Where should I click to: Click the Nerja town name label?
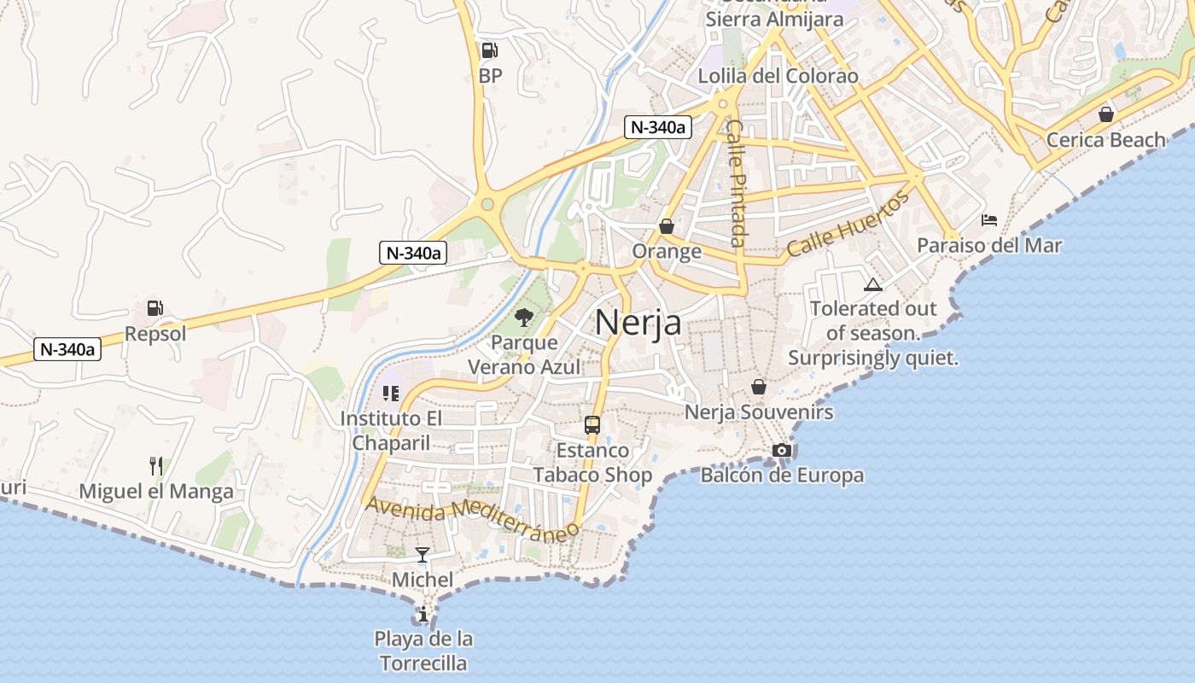pos(638,323)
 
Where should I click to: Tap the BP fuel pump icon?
pos(489,50)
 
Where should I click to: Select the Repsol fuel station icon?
pos(154,308)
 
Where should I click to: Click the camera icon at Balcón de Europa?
pos(781,450)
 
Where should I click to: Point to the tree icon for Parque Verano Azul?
pos(524,318)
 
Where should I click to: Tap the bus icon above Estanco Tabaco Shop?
pos(592,424)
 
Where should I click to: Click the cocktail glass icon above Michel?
pos(422,555)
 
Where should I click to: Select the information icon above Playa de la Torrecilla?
pos(422,614)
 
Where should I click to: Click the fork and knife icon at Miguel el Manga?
pos(155,465)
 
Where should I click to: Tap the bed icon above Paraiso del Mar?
pos(989,220)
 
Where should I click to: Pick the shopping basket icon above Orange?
pos(666,226)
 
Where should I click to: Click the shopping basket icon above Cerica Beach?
pos(1105,114)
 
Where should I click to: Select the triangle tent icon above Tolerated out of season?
pos(872,284)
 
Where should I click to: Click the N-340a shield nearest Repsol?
pos(67,348)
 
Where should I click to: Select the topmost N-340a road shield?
pos(656,127)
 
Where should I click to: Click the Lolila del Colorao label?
pos(778,76)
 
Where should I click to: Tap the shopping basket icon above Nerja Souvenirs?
pos(758,387)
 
